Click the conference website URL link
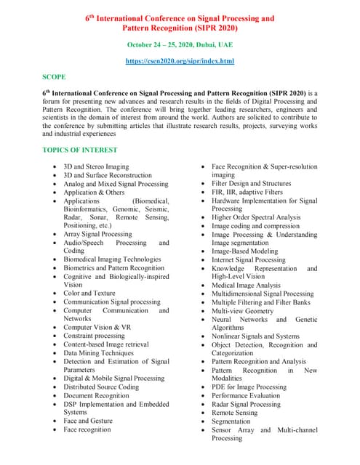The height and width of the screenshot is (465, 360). tap(179, 62)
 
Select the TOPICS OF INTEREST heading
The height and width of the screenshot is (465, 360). tap(79, 150)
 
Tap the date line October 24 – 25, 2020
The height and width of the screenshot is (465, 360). tap(180, 44)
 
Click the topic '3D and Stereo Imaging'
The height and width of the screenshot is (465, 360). tap(96, 166)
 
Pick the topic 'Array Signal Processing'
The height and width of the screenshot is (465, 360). tap(97, 235)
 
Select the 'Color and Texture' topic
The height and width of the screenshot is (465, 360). tap(89, 294)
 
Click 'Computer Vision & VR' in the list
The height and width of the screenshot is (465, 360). tap(97, 328)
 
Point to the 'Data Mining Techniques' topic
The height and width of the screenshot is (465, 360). tap(98, 352)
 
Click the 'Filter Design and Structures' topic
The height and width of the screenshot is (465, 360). tap(251, 184)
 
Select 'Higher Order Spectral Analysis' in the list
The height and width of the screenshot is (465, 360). tap(255, 217)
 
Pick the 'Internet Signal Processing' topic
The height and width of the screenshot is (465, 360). tap(249, 259)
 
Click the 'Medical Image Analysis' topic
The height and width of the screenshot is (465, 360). tap(246, 285)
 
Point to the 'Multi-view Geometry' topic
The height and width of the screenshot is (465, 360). tap(242, 310)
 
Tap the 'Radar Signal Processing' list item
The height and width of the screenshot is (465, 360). tap(246, 404)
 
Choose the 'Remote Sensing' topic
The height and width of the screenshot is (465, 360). tap(234, 413)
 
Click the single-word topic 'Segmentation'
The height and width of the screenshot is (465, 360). tap(231, 421)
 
